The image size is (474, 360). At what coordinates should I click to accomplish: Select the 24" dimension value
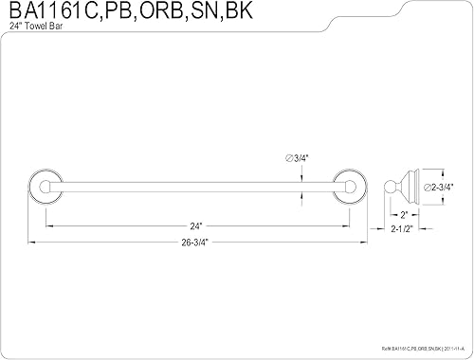[195, 225]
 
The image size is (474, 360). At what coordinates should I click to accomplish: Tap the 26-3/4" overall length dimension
[195, 242]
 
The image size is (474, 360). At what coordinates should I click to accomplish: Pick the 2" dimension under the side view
[405, 214]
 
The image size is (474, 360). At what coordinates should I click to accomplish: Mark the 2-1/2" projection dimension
[403, 229]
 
